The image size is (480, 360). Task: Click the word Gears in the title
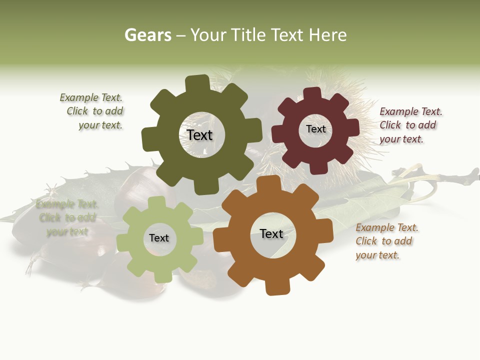[x=147, y=35]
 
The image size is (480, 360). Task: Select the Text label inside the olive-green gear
[x=199, y=135]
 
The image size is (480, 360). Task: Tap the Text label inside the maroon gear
[x=315, y=129]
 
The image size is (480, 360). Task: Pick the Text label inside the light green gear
[x=158, y=238]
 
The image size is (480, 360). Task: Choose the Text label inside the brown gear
[x=271, y=234]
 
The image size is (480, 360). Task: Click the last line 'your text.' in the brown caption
[x=377, y=255]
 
